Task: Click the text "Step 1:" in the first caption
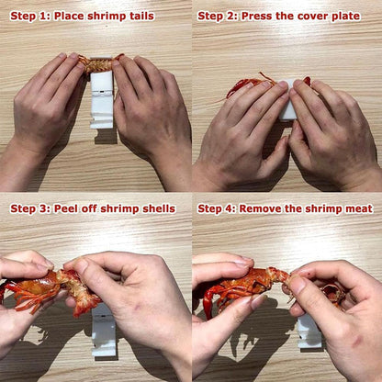point(29,16)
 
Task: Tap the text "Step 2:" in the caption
point(219,16)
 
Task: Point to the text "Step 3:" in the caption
point(29,208)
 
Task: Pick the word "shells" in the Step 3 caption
point(155,208)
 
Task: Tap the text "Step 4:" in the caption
point(219,208)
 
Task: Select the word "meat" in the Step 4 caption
point(356,208)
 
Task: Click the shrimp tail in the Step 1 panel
point(96,62)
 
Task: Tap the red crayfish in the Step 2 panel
point(243,84)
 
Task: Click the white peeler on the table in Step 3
point(103,334)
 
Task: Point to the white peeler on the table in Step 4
point(309,331)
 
